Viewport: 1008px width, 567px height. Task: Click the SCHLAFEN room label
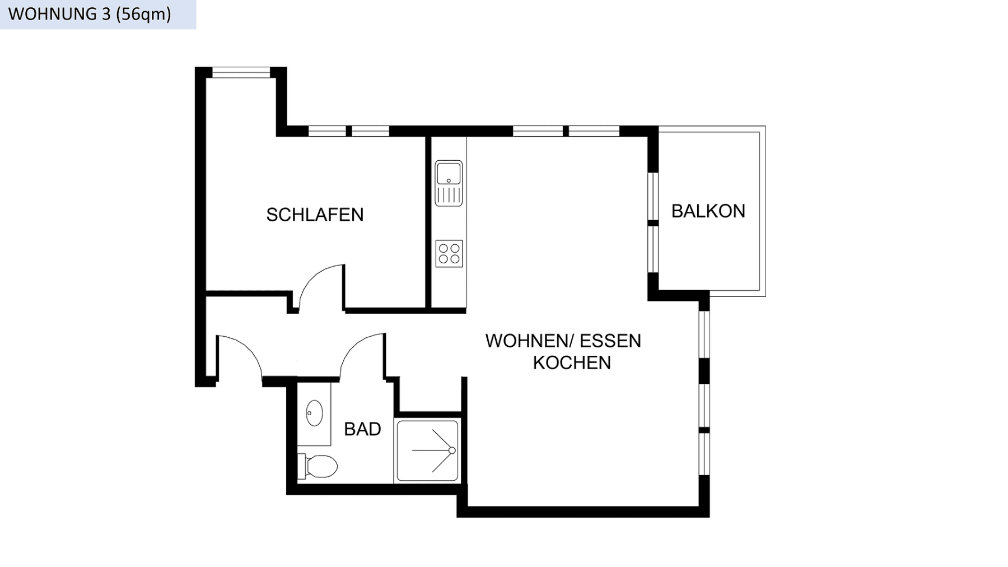point(315,215)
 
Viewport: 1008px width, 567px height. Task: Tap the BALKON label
point(708,211)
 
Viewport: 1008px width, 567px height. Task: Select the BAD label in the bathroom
point(362,429)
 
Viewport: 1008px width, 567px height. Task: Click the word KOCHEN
point(572,362)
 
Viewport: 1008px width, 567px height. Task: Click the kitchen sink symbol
point(449,174)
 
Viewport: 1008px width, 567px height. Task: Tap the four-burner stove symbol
point(449,253)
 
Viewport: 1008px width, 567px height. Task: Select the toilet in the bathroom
point(319,466)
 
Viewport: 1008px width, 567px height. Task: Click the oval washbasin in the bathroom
point(314,413)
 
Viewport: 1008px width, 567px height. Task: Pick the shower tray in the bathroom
point(427,451)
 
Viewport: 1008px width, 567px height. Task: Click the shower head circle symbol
point(452,450)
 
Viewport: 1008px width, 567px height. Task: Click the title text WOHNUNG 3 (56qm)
point(90,14)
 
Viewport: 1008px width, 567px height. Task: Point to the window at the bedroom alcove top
point(241,72)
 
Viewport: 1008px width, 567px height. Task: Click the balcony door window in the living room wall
point(653,222)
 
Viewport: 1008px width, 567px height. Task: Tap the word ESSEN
point(610,341)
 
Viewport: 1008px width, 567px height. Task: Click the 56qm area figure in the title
point(143,14)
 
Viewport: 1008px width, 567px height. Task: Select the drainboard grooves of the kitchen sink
point(449,195)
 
